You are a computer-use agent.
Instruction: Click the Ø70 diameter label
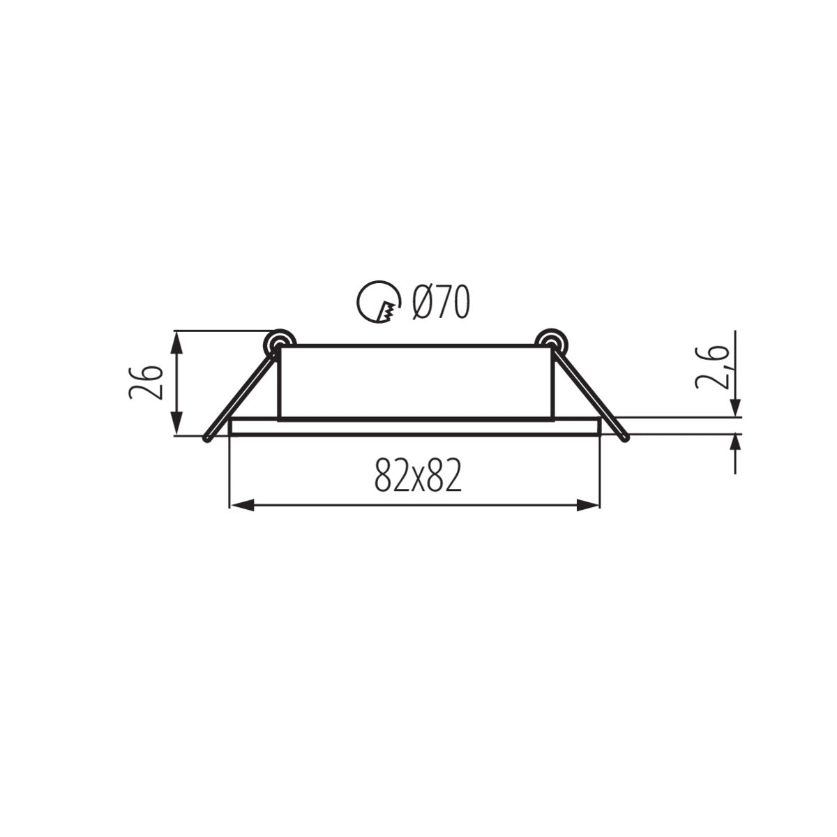(440, 303)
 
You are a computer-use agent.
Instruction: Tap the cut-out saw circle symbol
(379, 303)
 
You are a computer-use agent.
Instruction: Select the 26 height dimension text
(146, 381)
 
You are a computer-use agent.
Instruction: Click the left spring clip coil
(279, 341)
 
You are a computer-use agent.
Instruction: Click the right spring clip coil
(551, 341)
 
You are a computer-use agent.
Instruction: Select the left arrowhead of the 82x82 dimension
(241, 506)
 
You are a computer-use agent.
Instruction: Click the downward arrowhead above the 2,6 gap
(736, 407)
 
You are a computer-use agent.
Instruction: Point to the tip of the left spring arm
(206, 439)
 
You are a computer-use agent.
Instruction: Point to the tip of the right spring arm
(626, 439)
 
